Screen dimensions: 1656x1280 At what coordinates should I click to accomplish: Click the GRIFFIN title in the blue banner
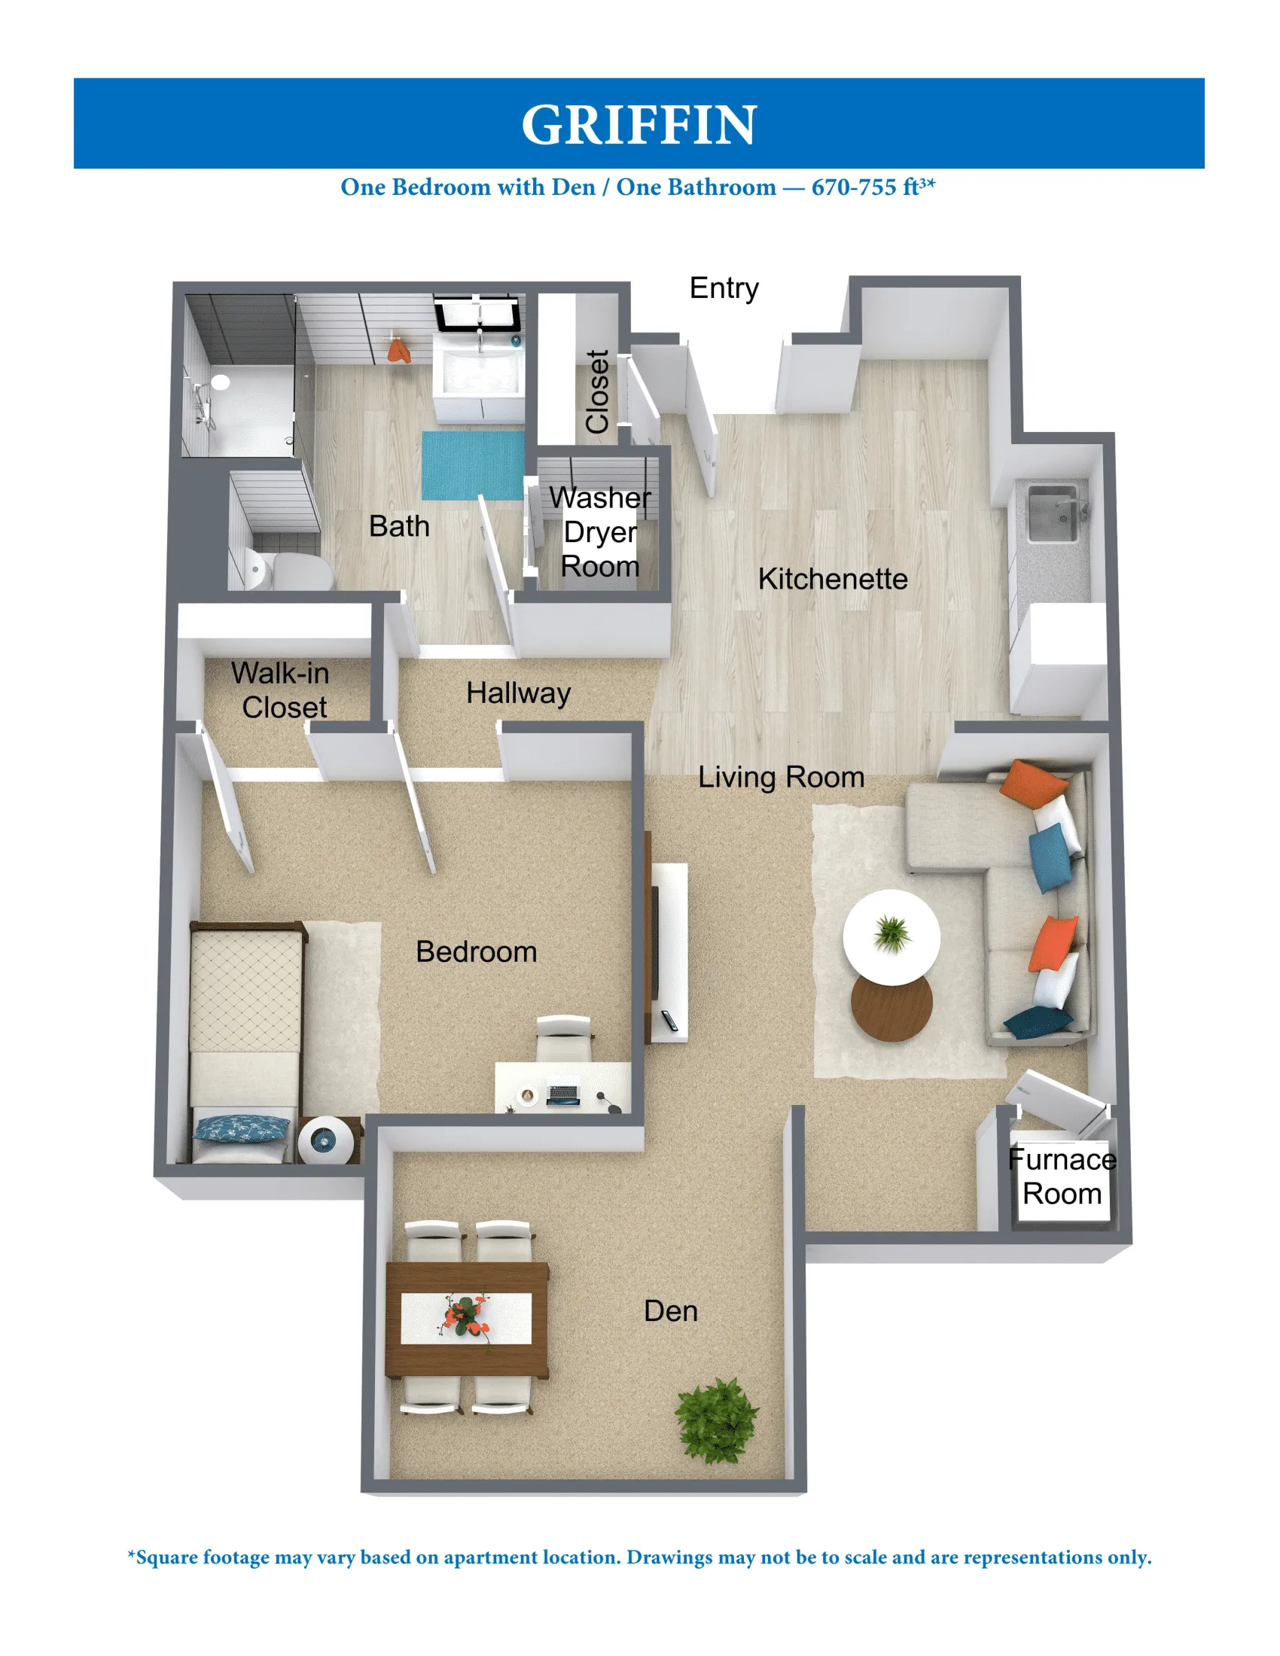pyautogui.click(x=638, y=125)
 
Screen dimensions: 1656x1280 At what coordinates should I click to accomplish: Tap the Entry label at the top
pyautogui.click(x=724, y=289)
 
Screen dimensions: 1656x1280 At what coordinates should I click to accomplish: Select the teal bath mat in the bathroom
pyautogui.click(x=472, y=464)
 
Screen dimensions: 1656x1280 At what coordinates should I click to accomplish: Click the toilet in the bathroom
pyautogui.click(x=292, y=571)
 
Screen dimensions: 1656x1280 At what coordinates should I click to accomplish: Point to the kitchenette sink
pyautogui.click(x=1052, y=514)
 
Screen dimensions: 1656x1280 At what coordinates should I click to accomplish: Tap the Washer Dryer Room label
pyautogui.click(x=600, y=532)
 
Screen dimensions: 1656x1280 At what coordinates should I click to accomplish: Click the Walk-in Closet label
pyautogui.click(x=282, y=690)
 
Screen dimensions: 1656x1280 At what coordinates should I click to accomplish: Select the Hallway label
pyautogui.click(x=518, y=693)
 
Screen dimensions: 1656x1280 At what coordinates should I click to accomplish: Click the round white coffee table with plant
pyautogui.click(x=891, y=937)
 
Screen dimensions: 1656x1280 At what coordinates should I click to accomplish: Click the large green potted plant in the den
pyautogui.click(x=715, y=1420)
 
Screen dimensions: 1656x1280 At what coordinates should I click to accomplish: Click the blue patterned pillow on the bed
pyautogui.click(x=241, y=1128)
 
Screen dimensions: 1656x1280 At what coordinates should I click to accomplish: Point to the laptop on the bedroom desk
pyautogui.click(x=562, y=1095)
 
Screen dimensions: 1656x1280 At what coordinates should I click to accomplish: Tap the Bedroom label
pyautogui.click(x=476, y=952)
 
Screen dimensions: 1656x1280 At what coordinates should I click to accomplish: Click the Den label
pyautogui.click(x=670, y=1312)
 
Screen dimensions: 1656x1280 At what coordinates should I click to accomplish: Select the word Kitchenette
pyautogui.click(x=833, y=580)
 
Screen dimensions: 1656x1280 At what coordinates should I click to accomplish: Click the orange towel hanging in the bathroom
pyautogui.click(x=399, y=351)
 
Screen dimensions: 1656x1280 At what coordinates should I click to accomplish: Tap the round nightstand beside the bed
pyautogui.click(x=325, y=1139)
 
